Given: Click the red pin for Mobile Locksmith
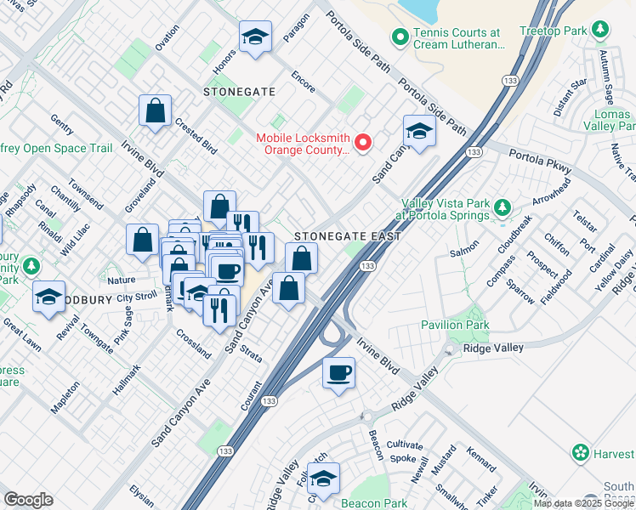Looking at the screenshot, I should coord(364,142).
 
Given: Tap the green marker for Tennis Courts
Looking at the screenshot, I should coord(398,37).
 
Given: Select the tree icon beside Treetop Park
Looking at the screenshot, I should coord(600,30).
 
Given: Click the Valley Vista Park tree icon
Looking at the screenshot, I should coord(502,207).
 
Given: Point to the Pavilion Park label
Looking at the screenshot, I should coord(455,325).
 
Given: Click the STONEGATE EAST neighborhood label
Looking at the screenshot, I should coord(346,235).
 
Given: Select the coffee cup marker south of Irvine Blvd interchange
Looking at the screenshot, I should coord(338,372).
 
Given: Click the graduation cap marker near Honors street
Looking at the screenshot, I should coord(253,37).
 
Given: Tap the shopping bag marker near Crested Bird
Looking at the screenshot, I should coord(156,110).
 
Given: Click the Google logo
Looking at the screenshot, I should coord(29,499).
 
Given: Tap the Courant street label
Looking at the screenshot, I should coord(251,396).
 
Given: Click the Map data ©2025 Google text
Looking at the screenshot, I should coord(583,503).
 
